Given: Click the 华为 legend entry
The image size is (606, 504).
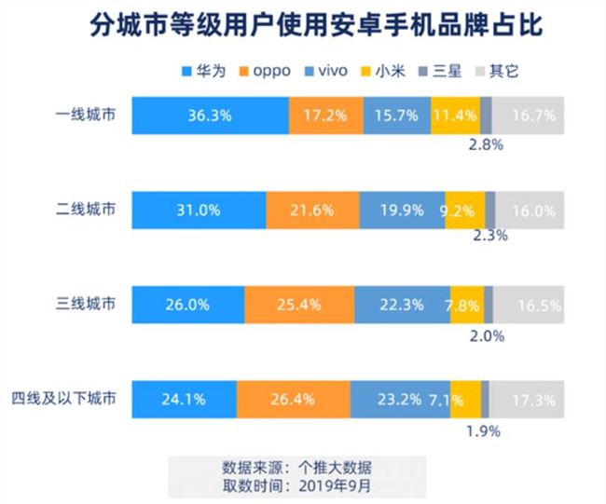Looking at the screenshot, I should tap(204, 71).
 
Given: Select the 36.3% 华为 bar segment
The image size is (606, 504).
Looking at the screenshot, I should tap(210, 116).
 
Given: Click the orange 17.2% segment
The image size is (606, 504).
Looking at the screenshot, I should tap(326, 116).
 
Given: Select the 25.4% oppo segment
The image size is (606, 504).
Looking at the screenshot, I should tap(298, 305).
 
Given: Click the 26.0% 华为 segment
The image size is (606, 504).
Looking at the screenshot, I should tap(187, 305).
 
